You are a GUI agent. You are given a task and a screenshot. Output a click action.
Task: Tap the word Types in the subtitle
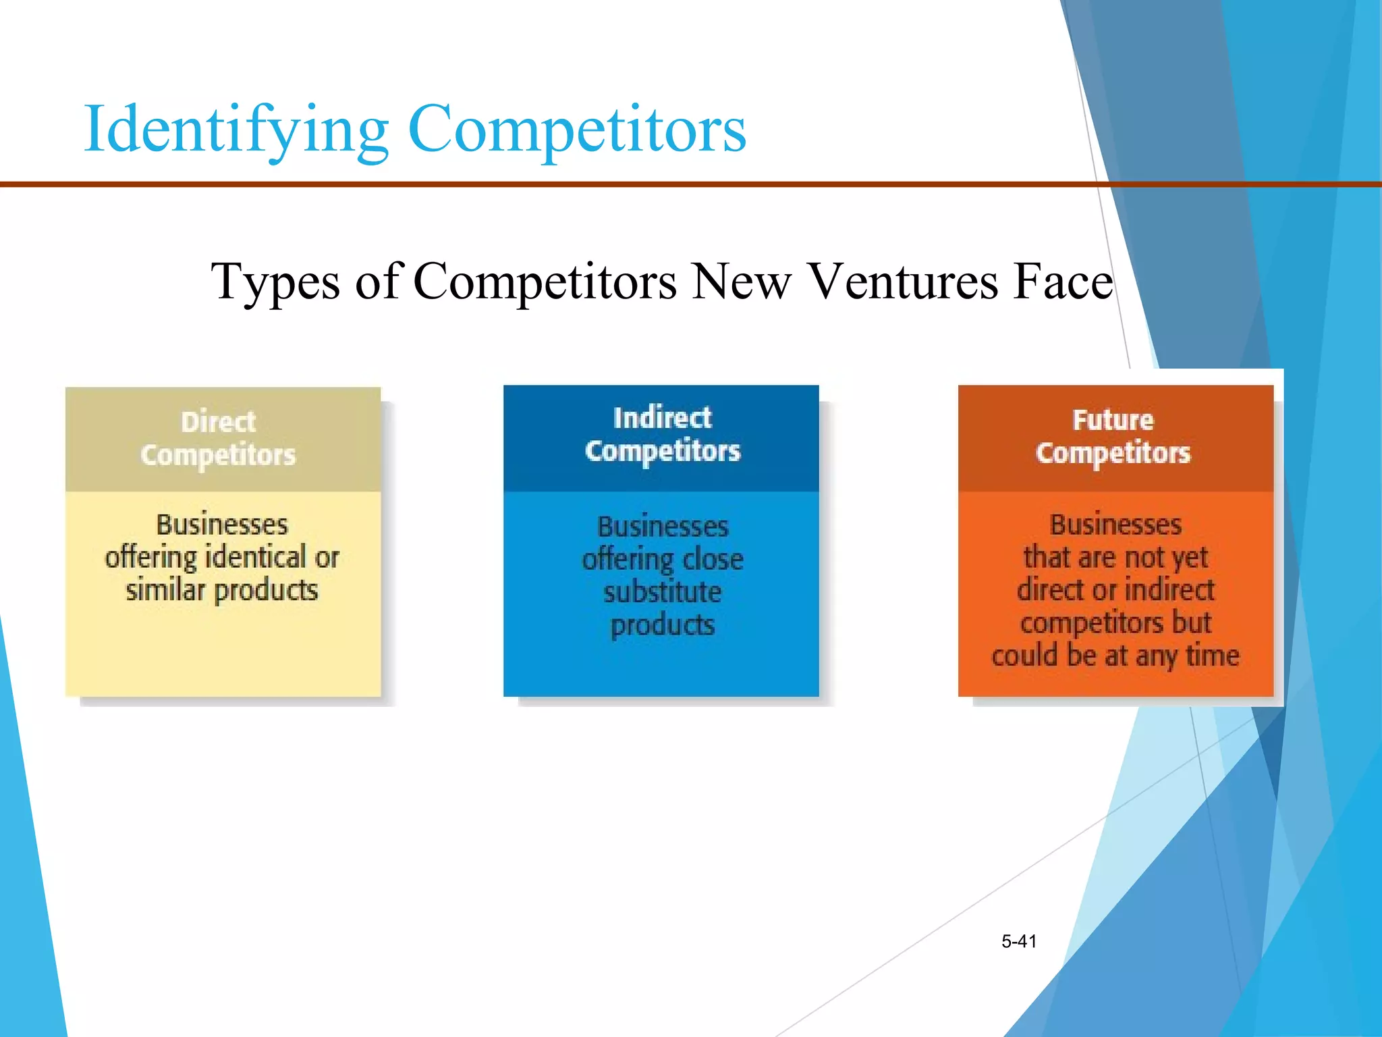[x=275, y=282]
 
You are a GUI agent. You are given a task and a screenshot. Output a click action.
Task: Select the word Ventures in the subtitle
[x=902, y=282]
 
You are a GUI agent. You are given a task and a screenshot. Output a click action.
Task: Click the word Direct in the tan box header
[x=219, y=422]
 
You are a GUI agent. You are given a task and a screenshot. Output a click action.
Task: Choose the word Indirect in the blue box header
[x=662, y=418]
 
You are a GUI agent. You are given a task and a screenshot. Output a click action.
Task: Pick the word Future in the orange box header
[x=1113, y=420]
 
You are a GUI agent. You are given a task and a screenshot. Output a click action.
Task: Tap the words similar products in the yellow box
[x=222, y=590]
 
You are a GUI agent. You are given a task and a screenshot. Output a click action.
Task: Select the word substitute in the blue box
[x=662, y=592]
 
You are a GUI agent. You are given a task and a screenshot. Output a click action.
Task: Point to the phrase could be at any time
[x=1115, y=656]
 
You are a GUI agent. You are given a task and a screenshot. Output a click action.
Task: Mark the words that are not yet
[x=1115, y=557]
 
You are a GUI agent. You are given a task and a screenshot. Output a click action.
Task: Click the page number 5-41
[x=1019, y=941]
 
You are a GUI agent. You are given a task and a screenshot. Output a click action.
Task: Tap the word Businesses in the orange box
[x=1115, y=525]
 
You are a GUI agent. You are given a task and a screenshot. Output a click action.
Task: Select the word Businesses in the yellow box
[x=222, y=525]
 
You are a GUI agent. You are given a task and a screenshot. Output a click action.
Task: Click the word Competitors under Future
[x=1113, y=453]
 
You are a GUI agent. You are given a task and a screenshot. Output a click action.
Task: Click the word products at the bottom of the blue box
[x=662, y=625]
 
